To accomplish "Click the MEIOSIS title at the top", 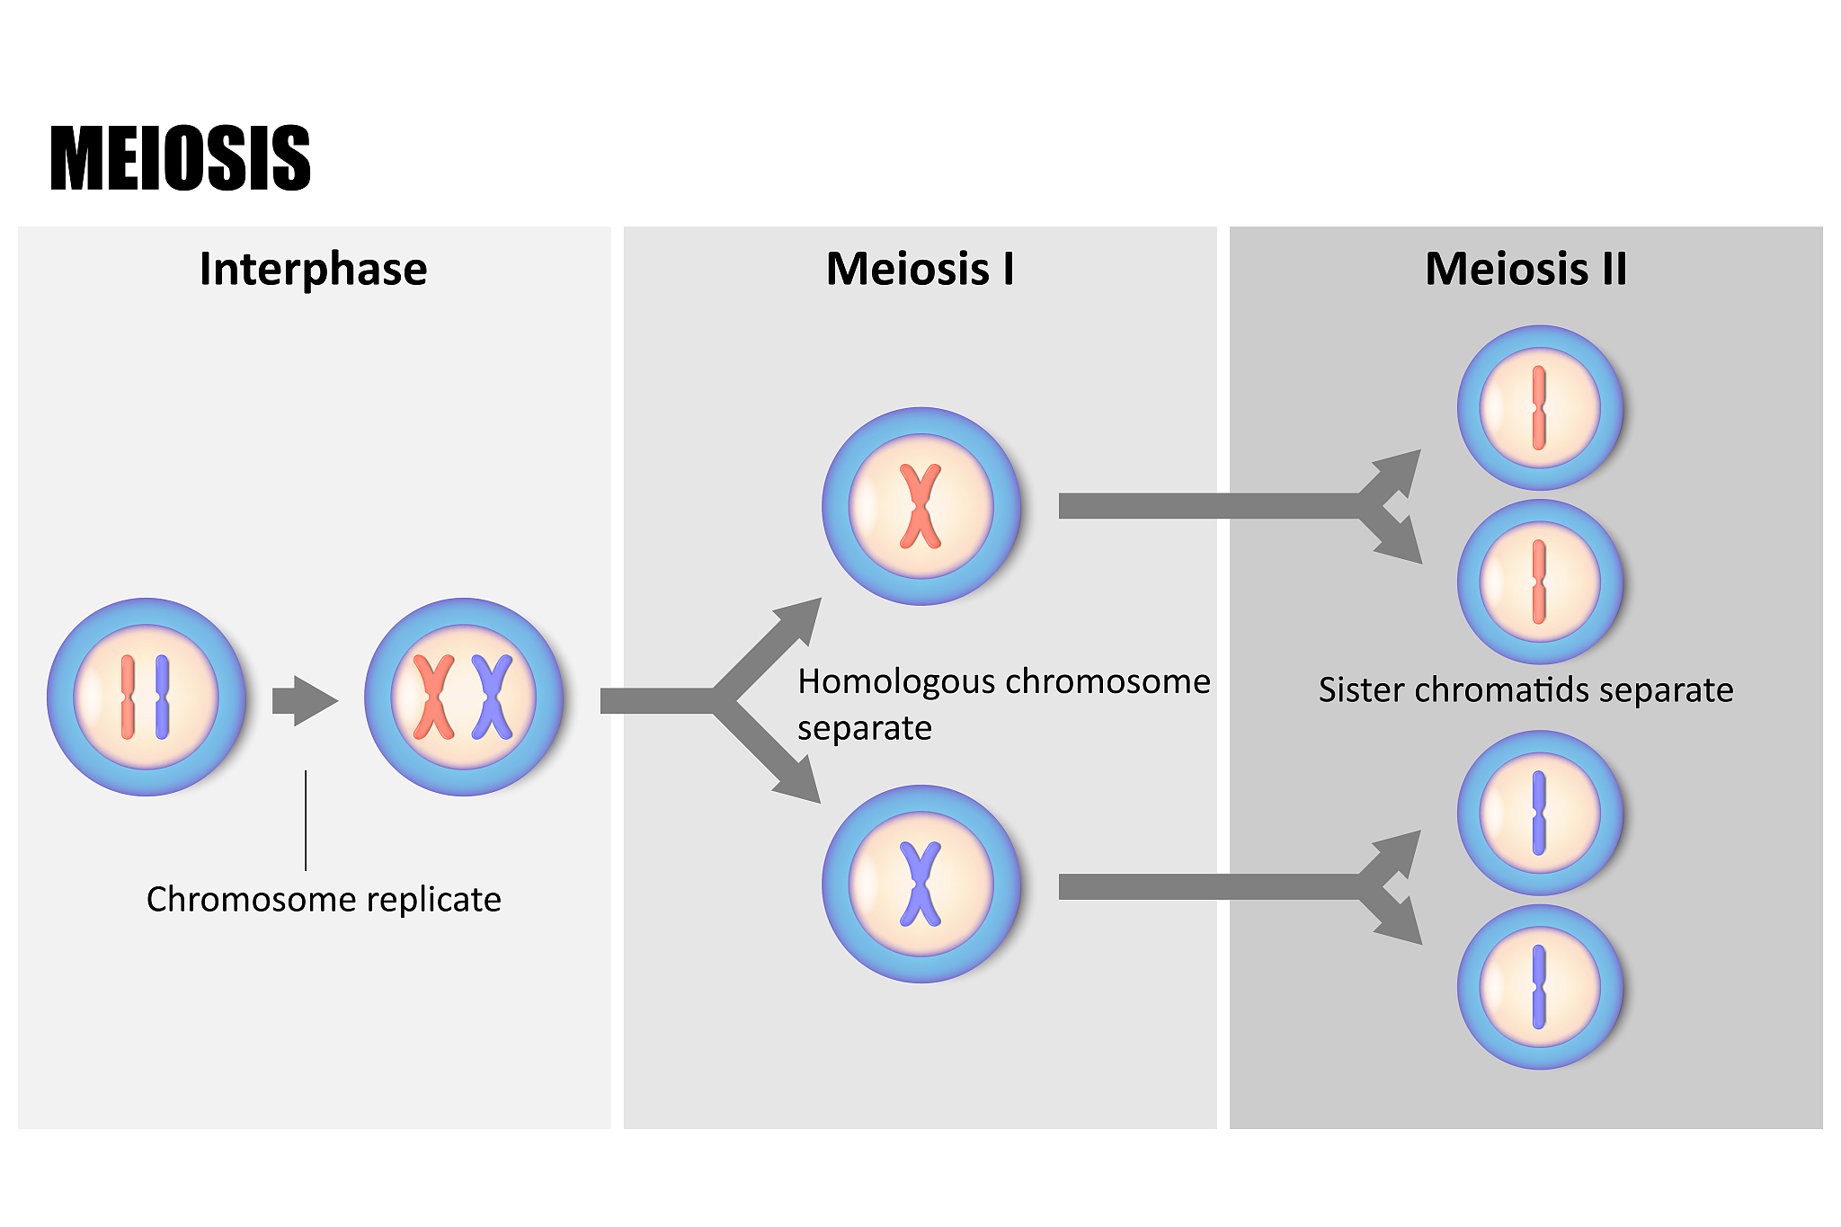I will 180,158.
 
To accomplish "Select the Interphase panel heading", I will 313,269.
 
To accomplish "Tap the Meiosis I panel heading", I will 920,269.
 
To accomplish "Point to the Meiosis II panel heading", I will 1525,269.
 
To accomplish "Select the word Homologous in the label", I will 886,682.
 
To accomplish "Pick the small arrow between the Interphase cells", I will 305,700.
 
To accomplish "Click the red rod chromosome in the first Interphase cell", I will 128,698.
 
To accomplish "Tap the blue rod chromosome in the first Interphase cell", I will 162,698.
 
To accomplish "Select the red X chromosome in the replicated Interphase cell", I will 433,698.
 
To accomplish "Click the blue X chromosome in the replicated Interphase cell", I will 493,698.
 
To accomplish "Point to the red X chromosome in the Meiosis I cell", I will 920,506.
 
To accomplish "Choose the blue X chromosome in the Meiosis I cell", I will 920,885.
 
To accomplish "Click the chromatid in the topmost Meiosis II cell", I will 1539,407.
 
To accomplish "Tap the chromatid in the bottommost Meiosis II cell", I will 1539,987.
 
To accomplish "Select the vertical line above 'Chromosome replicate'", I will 306,820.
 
